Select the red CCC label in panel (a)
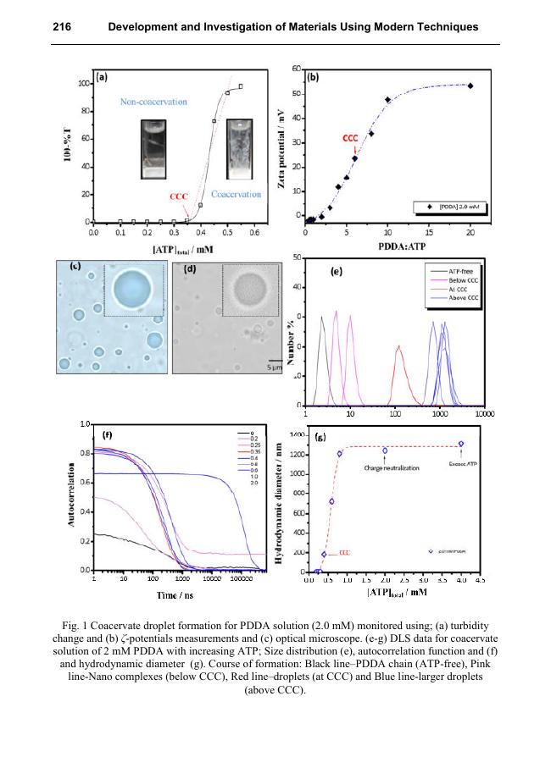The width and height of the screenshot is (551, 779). pos(178,196)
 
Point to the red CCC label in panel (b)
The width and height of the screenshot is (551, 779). pos(349,137)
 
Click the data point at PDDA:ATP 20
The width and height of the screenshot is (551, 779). pos(470,86)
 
